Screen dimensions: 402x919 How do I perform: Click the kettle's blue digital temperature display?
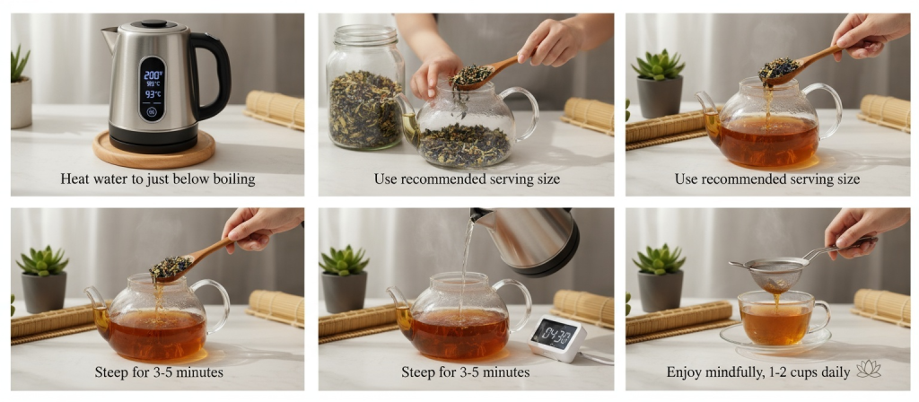(x=153, y=87)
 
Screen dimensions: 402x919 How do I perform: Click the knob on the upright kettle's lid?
(x=153, y=23)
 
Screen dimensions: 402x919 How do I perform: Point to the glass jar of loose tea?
(x=364, y=99)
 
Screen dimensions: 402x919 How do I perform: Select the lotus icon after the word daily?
(x=869, y=370)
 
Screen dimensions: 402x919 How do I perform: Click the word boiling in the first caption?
(x=232, y=179)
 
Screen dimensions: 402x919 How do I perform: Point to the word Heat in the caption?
(x=75, y=179)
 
